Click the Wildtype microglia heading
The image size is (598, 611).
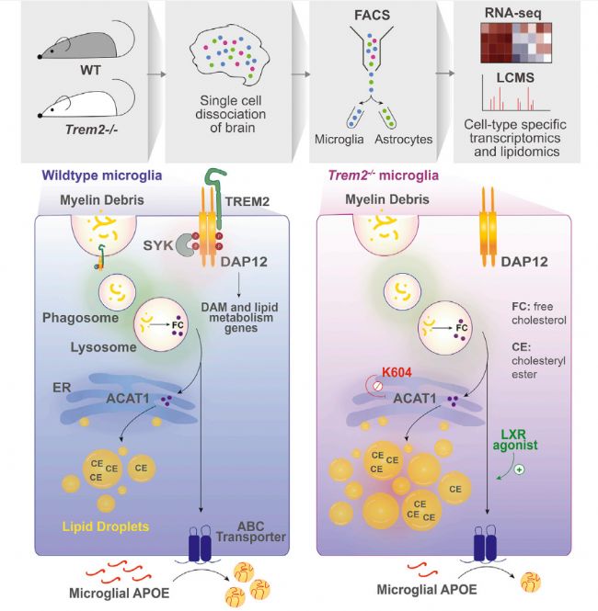[x=90, y=174]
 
